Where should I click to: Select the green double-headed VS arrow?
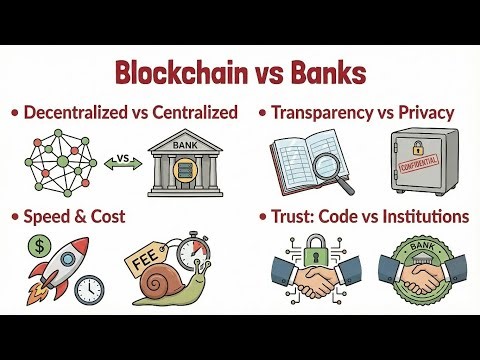pyautogui.click(x=122, y=159)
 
